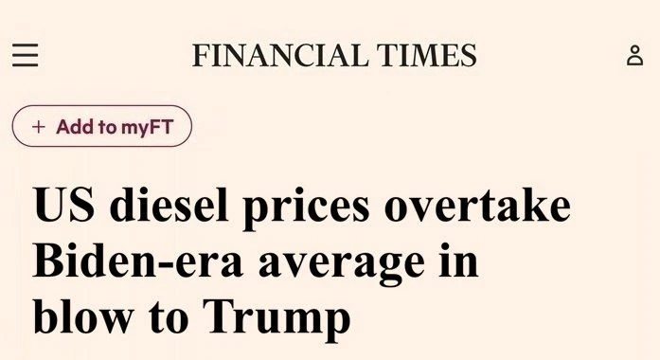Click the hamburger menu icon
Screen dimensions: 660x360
point(26,55)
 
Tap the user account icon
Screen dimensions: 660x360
point(634,56)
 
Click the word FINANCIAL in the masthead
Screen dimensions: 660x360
point(278,55)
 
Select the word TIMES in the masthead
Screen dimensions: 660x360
point(426,55)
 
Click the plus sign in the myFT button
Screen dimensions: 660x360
point(38,127)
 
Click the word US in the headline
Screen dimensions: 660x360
point(63,205)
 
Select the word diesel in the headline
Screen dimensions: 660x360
point(169,204)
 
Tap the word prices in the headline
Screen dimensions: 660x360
point(306,207)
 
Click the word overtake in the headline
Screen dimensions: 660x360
point(478,204)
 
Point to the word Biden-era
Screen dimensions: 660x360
point(137,261)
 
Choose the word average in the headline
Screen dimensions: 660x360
point(342,265)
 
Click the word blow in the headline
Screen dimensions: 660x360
point(83,315)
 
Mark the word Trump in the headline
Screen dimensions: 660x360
point(276,319)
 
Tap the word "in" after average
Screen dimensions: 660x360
point(459,261)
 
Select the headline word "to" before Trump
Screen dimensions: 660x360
point(169,318)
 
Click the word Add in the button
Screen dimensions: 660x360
point(75,127)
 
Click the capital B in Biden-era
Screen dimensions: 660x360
point(50,261)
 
